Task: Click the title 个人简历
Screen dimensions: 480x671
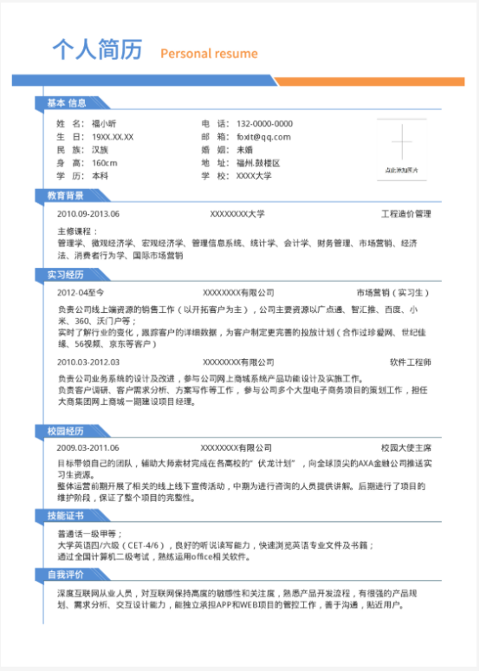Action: click(96, 49)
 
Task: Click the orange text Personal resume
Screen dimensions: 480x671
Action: click(209, 54)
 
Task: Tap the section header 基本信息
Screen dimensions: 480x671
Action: click(66, 103)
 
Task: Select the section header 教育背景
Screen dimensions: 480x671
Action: click(66, 195)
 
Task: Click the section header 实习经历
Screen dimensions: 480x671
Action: click(66, 275)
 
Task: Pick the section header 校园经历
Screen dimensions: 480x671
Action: click(66, 431)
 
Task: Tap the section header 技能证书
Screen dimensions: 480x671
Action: click(66, 515)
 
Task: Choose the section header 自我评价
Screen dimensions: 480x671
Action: click(66, 575)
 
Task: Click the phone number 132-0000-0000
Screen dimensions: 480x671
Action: click(264, 124)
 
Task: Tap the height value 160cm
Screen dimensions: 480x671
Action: click(104, 163)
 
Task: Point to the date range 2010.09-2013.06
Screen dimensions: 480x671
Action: click(88, 213)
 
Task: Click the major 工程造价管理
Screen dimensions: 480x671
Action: click(406, 213)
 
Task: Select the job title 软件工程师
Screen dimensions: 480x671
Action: click(410, 362)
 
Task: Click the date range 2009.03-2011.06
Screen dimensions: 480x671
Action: click(88, 447)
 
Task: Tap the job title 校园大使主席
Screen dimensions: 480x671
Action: click(406, 447)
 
